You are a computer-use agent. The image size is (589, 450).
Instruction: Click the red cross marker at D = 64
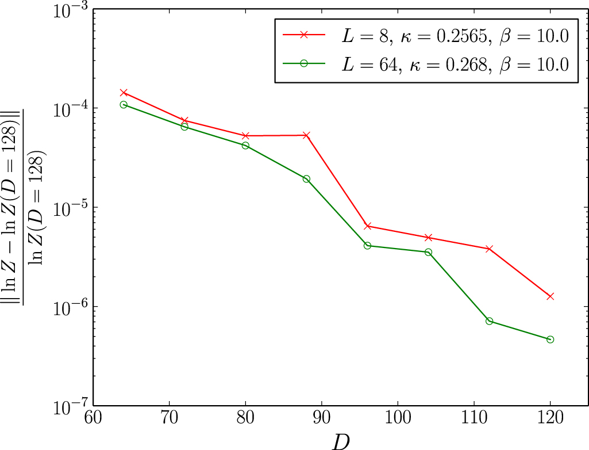[x=124, y=92]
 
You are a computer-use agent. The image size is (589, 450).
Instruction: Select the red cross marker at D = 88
[x=306, y=135]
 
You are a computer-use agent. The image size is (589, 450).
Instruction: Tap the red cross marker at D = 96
[x=367, y=226]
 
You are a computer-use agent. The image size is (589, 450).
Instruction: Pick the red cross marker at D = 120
[x=550, y=296]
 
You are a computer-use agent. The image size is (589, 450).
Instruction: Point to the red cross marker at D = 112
[x=489, y=249]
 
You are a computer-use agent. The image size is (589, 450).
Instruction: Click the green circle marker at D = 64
[x=124, y=105]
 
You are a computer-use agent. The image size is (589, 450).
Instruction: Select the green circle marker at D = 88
[x=306, y=179]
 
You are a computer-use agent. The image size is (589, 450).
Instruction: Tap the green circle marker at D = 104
[x=428, y=252]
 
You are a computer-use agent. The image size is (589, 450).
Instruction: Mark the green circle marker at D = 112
[x=489, y=321]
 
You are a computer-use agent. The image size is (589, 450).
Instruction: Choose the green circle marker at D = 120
[x=550, y=340]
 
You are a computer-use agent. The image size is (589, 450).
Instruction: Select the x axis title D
[x=340, y=441]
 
